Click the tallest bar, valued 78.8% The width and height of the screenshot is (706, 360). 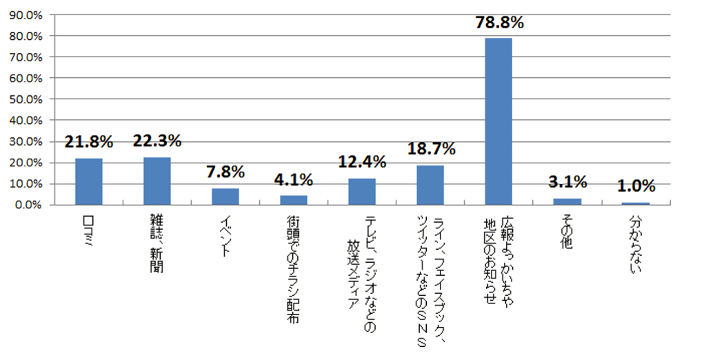[498, 121]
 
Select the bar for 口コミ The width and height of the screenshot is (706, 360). [89, 182]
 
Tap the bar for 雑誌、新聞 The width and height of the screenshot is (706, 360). [157, 181]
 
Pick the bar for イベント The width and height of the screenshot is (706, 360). [225, 197]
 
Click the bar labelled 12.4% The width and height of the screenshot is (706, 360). [362, 192]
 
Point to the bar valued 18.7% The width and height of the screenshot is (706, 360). [430, 186]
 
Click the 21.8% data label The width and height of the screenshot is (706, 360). [89, 142]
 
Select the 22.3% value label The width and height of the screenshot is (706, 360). [157, 141]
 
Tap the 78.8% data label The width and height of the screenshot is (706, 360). [499, 22]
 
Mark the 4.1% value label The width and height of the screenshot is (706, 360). [294, 180]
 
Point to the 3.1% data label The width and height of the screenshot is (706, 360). [567, 182]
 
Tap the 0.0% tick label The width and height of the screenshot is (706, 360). [28, 206]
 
